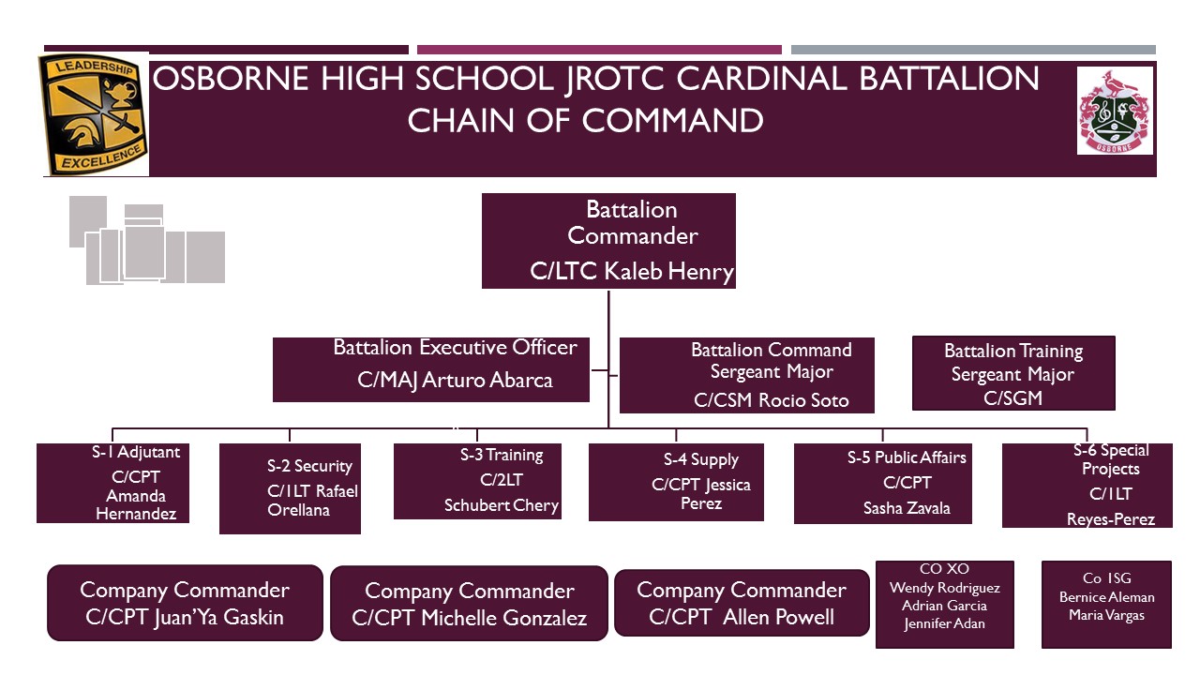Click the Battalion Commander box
coord(608,241)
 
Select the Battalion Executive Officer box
coord(431,369)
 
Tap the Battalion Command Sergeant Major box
coord(747,375)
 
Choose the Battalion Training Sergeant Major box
coord(1013,373)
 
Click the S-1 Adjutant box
coord(112,483)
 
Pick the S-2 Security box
coord(290,488)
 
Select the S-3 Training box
coord(477,481)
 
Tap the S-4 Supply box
coord(676,482)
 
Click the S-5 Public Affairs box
coord(882,483)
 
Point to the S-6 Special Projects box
coord(1087,486)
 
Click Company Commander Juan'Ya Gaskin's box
coord(185,603)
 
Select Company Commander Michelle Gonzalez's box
coord(469,604)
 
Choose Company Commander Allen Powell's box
coord(742,603)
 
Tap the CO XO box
coord(944,604)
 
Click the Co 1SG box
coord(1106,604)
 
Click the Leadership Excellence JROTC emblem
coord(93,114)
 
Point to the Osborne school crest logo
coord(1115,110)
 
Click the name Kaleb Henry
coord(669,272)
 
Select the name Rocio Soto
coord(803,400)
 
